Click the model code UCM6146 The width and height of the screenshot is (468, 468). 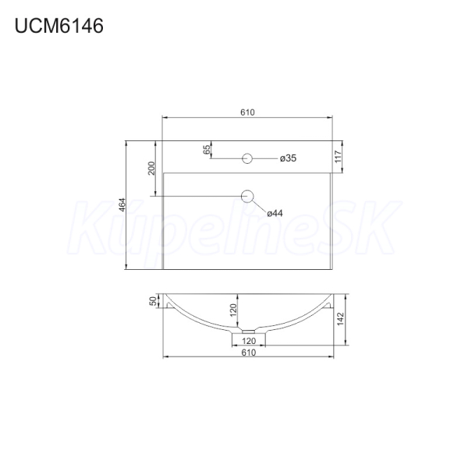(58, 26)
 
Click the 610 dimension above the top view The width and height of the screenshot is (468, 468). (247, 112)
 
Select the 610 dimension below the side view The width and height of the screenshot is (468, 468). (248, 353)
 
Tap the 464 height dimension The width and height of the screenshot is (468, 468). (122, 204)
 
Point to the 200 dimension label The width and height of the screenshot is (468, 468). (151, 168)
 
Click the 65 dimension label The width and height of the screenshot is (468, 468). (207, 150)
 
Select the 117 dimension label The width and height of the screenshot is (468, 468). (338, 157)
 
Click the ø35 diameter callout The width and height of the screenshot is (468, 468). (288, 158)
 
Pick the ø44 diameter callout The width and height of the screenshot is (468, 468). (275, 213)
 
